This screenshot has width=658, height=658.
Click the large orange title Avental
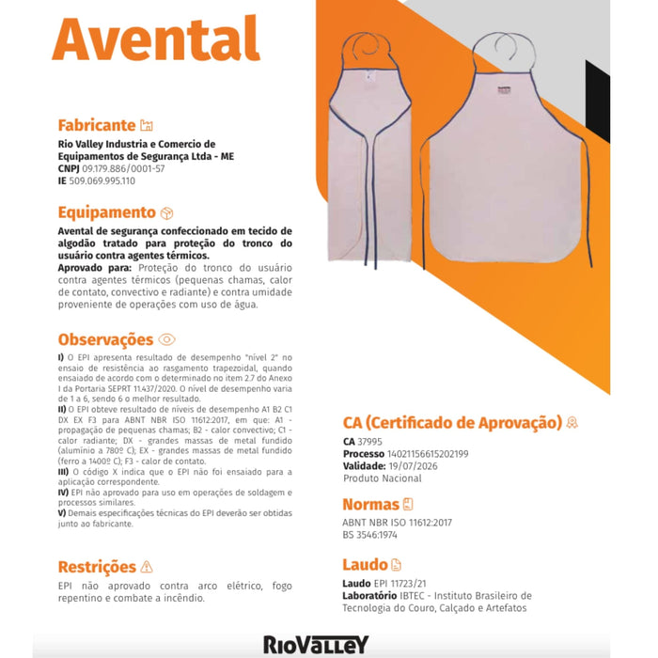pos(156,40)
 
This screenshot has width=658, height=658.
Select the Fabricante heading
pos(97,125)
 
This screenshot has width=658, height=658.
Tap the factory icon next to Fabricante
pos(146,125)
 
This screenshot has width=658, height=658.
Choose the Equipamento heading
pos(106,212)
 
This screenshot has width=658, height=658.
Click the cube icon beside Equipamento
pos(167,213)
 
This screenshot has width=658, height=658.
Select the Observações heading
pos(105,339)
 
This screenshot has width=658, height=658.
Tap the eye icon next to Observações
pos(167,339)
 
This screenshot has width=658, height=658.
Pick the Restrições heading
pos(97,567)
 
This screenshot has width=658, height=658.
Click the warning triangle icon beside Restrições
pos(146,567)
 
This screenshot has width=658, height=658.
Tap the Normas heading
pos(370,504)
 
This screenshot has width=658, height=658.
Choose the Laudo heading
pos(365,565)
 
